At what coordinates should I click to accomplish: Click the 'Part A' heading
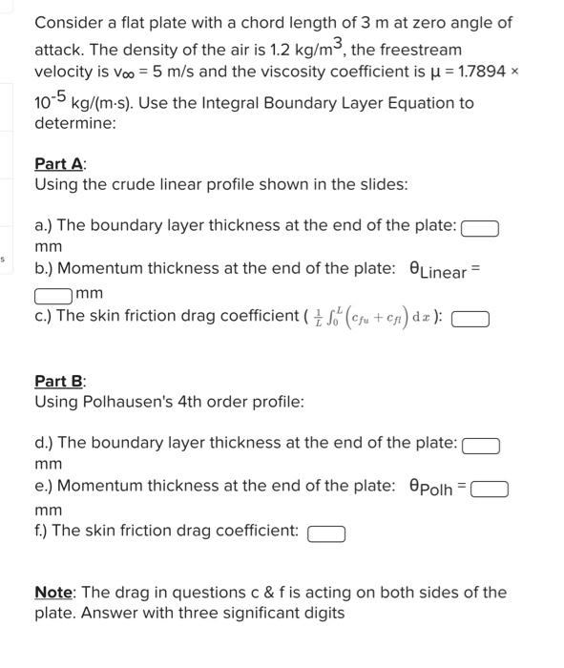[x=59, y=163]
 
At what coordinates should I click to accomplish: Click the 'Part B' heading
[x=59, y=381]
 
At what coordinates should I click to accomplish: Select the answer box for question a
[x=480, y=228]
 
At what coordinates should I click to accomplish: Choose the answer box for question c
[x=470, y=319]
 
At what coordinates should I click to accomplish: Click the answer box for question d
[x=481, y=446]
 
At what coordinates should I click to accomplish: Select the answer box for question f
[x=326, y=532]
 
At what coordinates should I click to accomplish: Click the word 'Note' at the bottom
[x=53, y=593]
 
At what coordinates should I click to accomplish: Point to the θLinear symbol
[x=438, y=271]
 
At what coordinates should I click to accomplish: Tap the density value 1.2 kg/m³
[x=286, y=49]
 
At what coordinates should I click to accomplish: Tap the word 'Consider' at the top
[x=70, y=23]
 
